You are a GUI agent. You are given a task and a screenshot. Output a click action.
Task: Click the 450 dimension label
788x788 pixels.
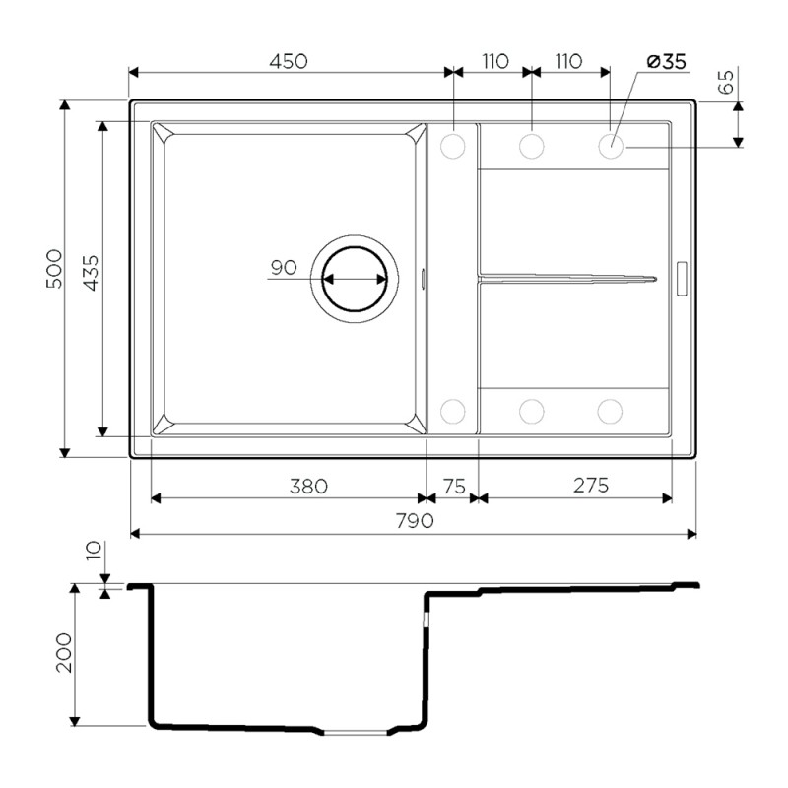pyautogui.click(x=289, y=61)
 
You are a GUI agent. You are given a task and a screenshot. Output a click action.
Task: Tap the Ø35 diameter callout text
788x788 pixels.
pyautogui.click(x=667, y=62)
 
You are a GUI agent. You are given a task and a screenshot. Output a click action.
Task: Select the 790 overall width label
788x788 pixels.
pyautogui.click(x=415, y=521)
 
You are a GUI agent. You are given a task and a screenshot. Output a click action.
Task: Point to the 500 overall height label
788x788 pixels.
pyautogui.click(x=54, y=268)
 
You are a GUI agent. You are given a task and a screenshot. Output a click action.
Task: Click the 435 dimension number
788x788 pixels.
pyautogui.click(x=91, y=273)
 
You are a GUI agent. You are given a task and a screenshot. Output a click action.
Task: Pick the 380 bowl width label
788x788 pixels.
pyautogui.click(x=308, y=486)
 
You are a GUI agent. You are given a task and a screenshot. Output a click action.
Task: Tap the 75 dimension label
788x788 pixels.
pyautogui.click(x=454, y=486)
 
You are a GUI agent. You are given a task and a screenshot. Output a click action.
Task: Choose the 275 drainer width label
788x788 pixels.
pyautogui.click(x=591, y=485)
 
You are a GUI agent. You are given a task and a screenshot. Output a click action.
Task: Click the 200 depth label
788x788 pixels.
pyautogui.click(x=64, y=652)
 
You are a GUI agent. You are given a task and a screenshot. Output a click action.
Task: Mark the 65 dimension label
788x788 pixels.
pyautogui.click(x=726, y=82)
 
